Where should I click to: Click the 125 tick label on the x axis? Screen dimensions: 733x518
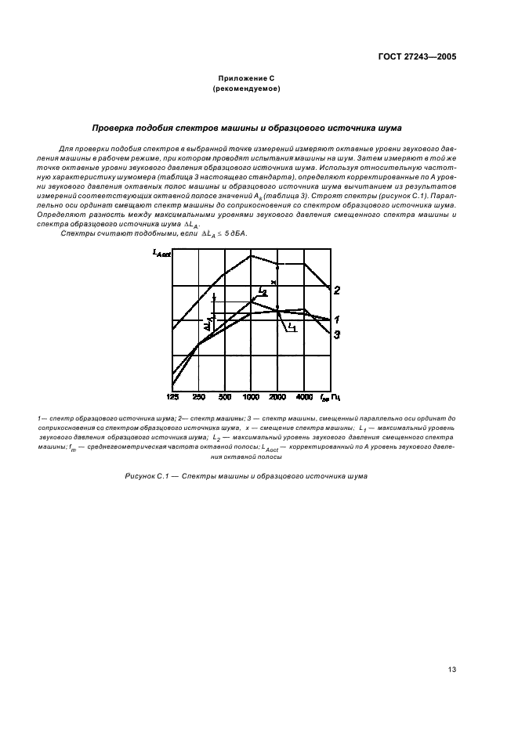pos(173,397)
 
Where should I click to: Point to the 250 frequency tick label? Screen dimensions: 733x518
pos(198,397)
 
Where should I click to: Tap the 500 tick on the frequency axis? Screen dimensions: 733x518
pos(224,397)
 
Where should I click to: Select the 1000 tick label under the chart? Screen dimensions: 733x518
pos(251,397)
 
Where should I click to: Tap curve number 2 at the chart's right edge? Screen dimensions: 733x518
pos(336,291)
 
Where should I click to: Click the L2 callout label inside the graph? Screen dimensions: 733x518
pos(263,291)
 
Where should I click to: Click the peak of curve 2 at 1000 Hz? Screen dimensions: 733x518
pos(251,255)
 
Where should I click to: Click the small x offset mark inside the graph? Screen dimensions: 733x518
pos(273,282)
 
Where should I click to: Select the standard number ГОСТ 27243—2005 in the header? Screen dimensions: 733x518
pos(416,57)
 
